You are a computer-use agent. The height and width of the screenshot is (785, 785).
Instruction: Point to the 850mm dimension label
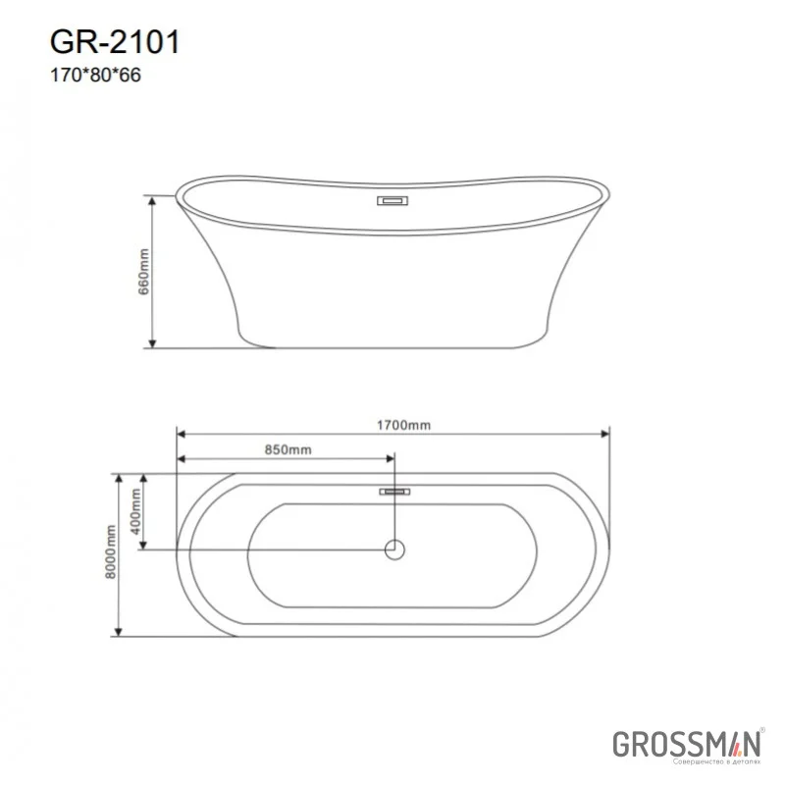(288, 450)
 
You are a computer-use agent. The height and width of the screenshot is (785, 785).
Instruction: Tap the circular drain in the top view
(395, 549)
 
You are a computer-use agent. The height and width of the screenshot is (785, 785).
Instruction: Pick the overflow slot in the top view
(395, 490)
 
